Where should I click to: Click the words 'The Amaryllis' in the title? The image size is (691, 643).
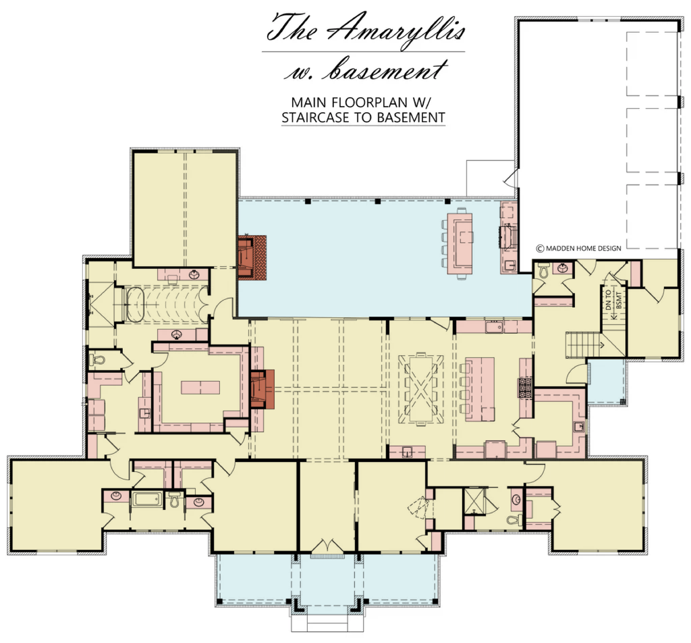[365, 28]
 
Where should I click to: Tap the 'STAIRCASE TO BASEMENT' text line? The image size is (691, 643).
[363, 118]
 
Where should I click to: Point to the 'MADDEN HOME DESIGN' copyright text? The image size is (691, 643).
[578, 249]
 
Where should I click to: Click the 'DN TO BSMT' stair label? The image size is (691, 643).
[613, 299]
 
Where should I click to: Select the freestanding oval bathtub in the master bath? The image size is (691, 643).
[134, 304]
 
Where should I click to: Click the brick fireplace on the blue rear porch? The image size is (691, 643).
[252, 257]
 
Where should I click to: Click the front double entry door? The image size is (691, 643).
[327, 546]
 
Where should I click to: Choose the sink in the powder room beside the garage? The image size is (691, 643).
[563, 267]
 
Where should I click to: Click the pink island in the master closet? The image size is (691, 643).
[200, 388]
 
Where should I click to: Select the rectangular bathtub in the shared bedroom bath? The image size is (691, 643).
[147, 500]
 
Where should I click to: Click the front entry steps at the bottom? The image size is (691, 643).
[327, 625]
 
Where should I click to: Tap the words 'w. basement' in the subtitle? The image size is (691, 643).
[365, 70]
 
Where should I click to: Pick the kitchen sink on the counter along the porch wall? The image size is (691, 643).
[494, 327]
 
